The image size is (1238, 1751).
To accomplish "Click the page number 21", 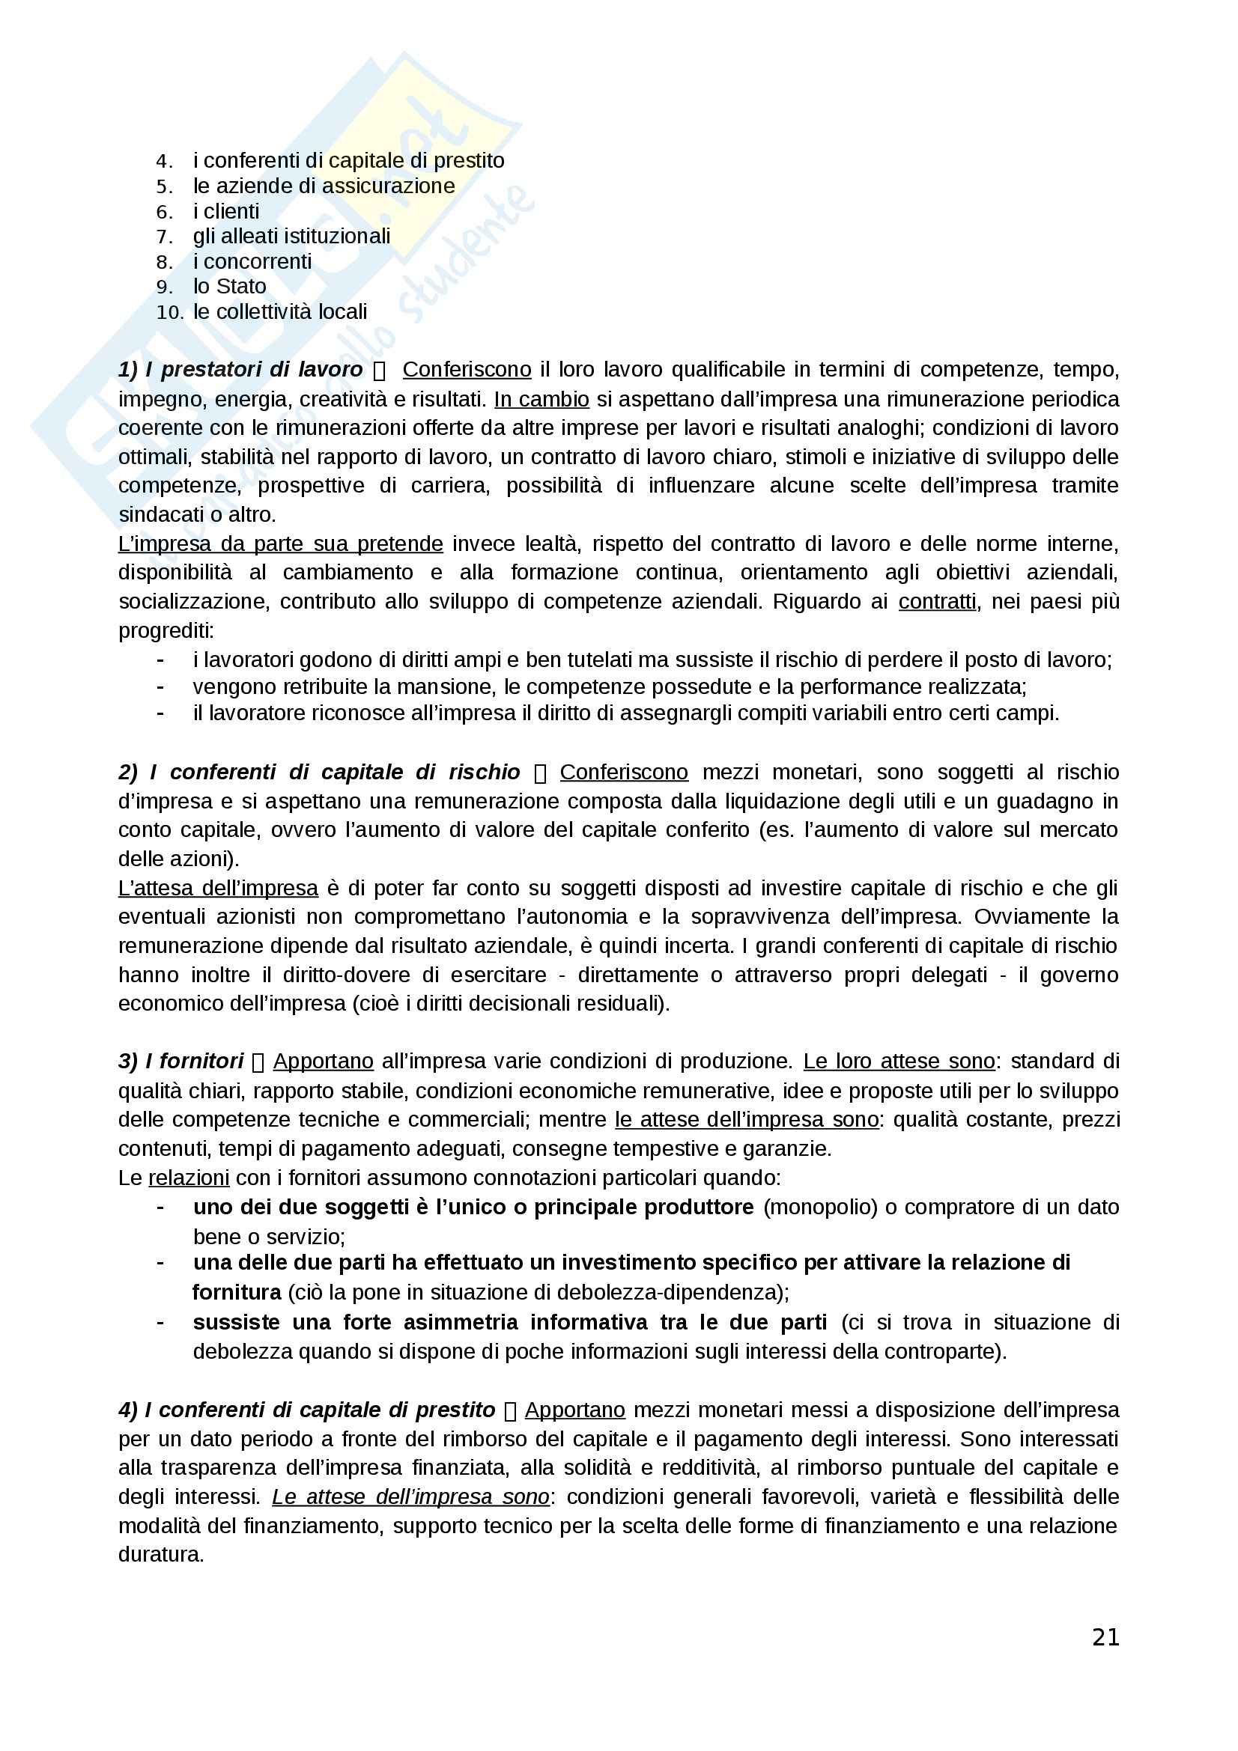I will click(1105, 1636).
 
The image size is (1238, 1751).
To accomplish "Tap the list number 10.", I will click(170, 312).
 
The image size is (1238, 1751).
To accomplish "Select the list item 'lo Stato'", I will click(230, 286).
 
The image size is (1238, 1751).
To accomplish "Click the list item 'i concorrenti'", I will click(252, 261).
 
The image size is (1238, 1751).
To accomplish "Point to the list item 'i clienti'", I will click(225, 210).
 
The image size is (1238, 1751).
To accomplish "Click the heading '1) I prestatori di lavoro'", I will click(240, 369).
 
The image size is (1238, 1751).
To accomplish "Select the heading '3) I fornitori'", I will click(180, 1061).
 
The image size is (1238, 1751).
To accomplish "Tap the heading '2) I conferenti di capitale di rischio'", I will click(319, 772).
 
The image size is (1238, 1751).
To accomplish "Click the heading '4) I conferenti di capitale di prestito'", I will click(306, 1410).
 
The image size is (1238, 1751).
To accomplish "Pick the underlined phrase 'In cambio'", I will click(541, 399).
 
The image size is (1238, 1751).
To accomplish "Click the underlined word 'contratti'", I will click(937, 602).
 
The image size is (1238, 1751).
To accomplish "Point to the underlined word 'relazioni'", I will click(189, 1178).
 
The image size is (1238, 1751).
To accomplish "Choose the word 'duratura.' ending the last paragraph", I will click(161, 1554).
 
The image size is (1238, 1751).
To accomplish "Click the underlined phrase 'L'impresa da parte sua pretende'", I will click(280, 543).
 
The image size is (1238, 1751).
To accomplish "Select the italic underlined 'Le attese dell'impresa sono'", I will click(410, 1496).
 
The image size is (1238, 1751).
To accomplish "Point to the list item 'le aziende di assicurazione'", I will click(324, 186).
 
